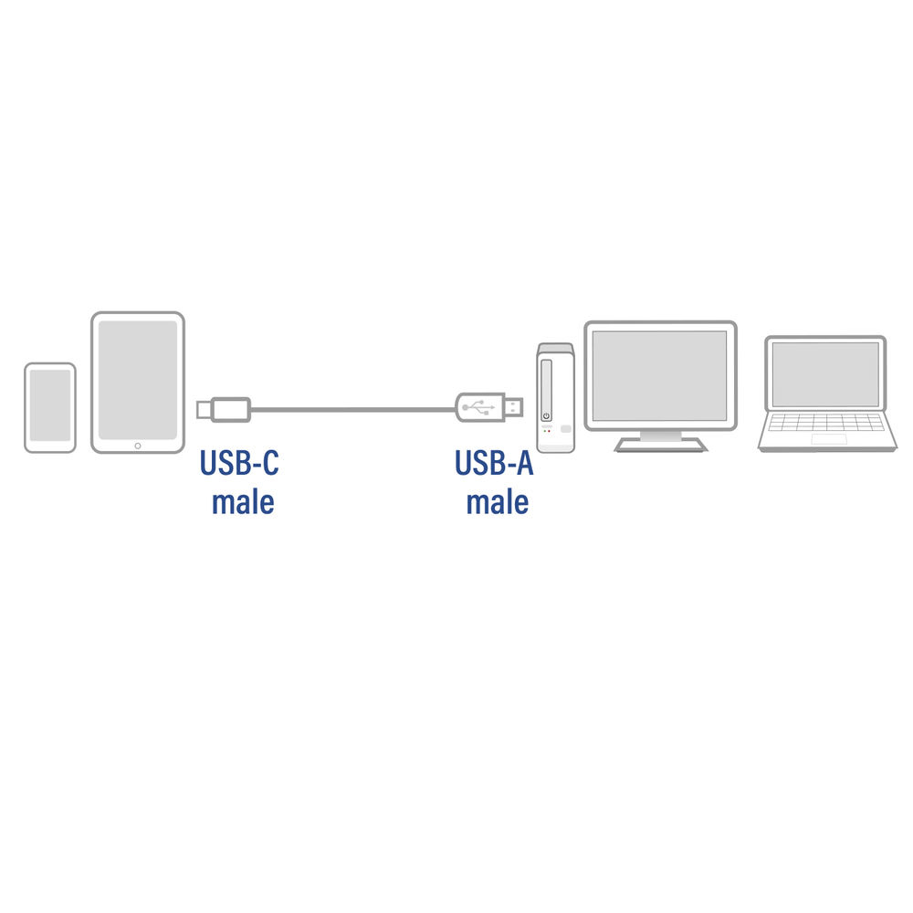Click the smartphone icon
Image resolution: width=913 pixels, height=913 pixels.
tap(50, 407)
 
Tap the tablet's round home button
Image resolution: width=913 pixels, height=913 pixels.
tap(138, 446)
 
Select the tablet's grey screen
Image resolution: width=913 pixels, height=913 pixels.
tap(138, 380)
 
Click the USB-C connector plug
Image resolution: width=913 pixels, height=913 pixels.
tap(224, 409)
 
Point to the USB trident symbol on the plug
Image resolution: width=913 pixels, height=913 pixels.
tap(478, 407)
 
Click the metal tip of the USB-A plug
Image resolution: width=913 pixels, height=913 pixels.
tap(513, 407)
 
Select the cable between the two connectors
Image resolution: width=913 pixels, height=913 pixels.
tap(352, 409)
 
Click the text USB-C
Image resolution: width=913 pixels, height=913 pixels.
tap(239, 463)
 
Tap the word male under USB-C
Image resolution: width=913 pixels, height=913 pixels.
tap(243, 502)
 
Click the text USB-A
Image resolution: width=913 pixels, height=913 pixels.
tap(494, 463)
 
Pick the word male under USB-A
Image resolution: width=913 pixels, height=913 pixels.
tap(498, 502)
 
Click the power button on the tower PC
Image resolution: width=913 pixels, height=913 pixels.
tap(546, 416)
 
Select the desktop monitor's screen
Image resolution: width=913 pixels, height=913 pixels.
tap(660, 375)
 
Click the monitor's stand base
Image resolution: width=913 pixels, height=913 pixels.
tap(661, 446)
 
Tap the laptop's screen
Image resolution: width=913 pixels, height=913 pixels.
tap(825, 373)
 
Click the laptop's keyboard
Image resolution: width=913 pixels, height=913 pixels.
tap(826, 422)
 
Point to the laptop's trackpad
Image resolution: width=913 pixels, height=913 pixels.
tap(829, 439)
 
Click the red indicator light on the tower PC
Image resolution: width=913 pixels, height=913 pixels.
tap(549, 431)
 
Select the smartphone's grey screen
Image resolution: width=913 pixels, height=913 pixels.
tap(50, 405)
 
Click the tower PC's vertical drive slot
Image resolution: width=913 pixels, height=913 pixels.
tap(546, 390)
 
